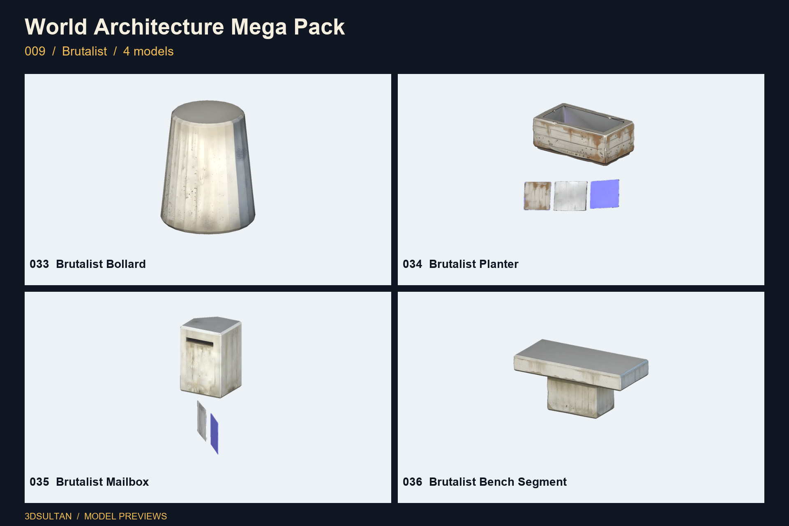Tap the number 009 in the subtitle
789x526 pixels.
pos(35,51)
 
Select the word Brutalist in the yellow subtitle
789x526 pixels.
pos(84,51)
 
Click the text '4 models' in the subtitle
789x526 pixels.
pos(148,51)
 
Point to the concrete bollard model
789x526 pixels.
pos(208,167)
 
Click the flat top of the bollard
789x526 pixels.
pos(208,111)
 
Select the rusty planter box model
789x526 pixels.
pos(584,134)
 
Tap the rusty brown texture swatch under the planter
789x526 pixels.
pos(538,196)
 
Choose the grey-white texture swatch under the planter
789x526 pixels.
pos(570,196)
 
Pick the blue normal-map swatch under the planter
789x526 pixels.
pos(604,194)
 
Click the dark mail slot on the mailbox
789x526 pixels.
pos(200,341)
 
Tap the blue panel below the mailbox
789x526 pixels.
pos(214,434)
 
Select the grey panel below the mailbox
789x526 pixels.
pos(201,421)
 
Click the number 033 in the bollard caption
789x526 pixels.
pos(39,264)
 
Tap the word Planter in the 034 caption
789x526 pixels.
pos(494,264)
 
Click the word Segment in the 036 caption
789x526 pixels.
pos(542,482)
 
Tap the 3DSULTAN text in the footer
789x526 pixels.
pos(48,517)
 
